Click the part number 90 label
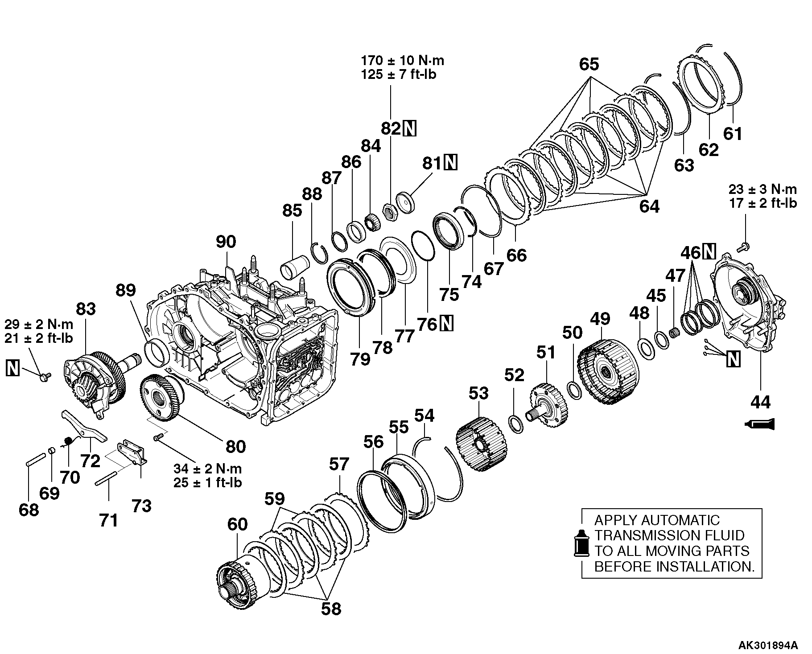point(226,242)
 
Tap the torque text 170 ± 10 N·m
point(402,60)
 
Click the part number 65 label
point(589,64)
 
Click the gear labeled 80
point(161,396)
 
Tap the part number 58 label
point(331,609)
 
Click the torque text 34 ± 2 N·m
point(208,469)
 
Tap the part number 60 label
point(237,524)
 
